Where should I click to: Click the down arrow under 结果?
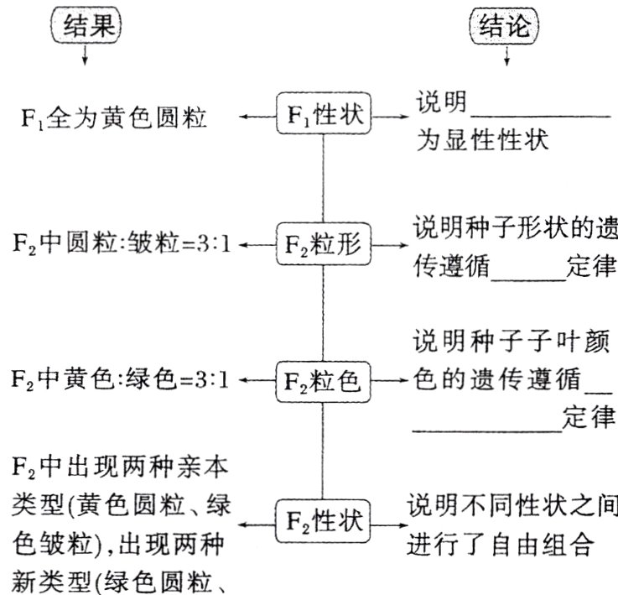(85, 56)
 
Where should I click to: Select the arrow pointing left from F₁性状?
(257, 117)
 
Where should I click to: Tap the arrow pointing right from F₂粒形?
(387, 245)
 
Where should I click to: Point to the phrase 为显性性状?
(482, 139)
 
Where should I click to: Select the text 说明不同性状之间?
(512, 506)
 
